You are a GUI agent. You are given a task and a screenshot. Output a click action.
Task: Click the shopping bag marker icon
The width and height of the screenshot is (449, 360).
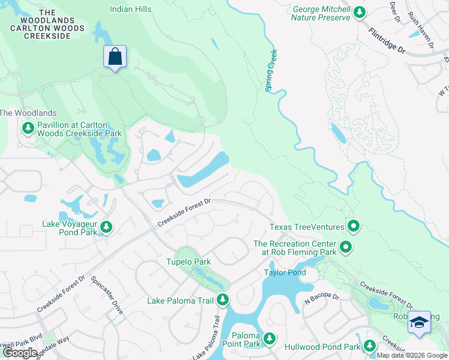115,57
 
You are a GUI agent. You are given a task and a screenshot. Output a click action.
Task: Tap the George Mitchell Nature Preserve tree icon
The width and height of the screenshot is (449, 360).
359,13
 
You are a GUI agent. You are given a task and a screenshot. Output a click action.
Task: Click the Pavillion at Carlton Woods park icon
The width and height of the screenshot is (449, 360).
28,128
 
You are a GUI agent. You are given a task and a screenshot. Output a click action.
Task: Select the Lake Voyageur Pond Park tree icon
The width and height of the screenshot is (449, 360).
106,227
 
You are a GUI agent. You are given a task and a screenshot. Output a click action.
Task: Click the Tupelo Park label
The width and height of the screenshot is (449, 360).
188,262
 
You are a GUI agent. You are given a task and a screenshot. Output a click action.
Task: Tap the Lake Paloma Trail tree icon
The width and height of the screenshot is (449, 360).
223,299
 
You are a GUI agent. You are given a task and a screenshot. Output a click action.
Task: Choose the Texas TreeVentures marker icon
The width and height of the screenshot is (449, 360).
354,227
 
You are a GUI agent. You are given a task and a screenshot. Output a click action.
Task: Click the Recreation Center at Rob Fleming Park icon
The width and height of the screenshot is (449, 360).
345,247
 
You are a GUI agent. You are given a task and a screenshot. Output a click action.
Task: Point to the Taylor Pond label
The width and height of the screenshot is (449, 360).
285,272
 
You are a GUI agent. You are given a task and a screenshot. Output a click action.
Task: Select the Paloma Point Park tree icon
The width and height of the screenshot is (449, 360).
270,339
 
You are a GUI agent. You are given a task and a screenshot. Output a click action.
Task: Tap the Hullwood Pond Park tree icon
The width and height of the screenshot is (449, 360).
369,346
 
